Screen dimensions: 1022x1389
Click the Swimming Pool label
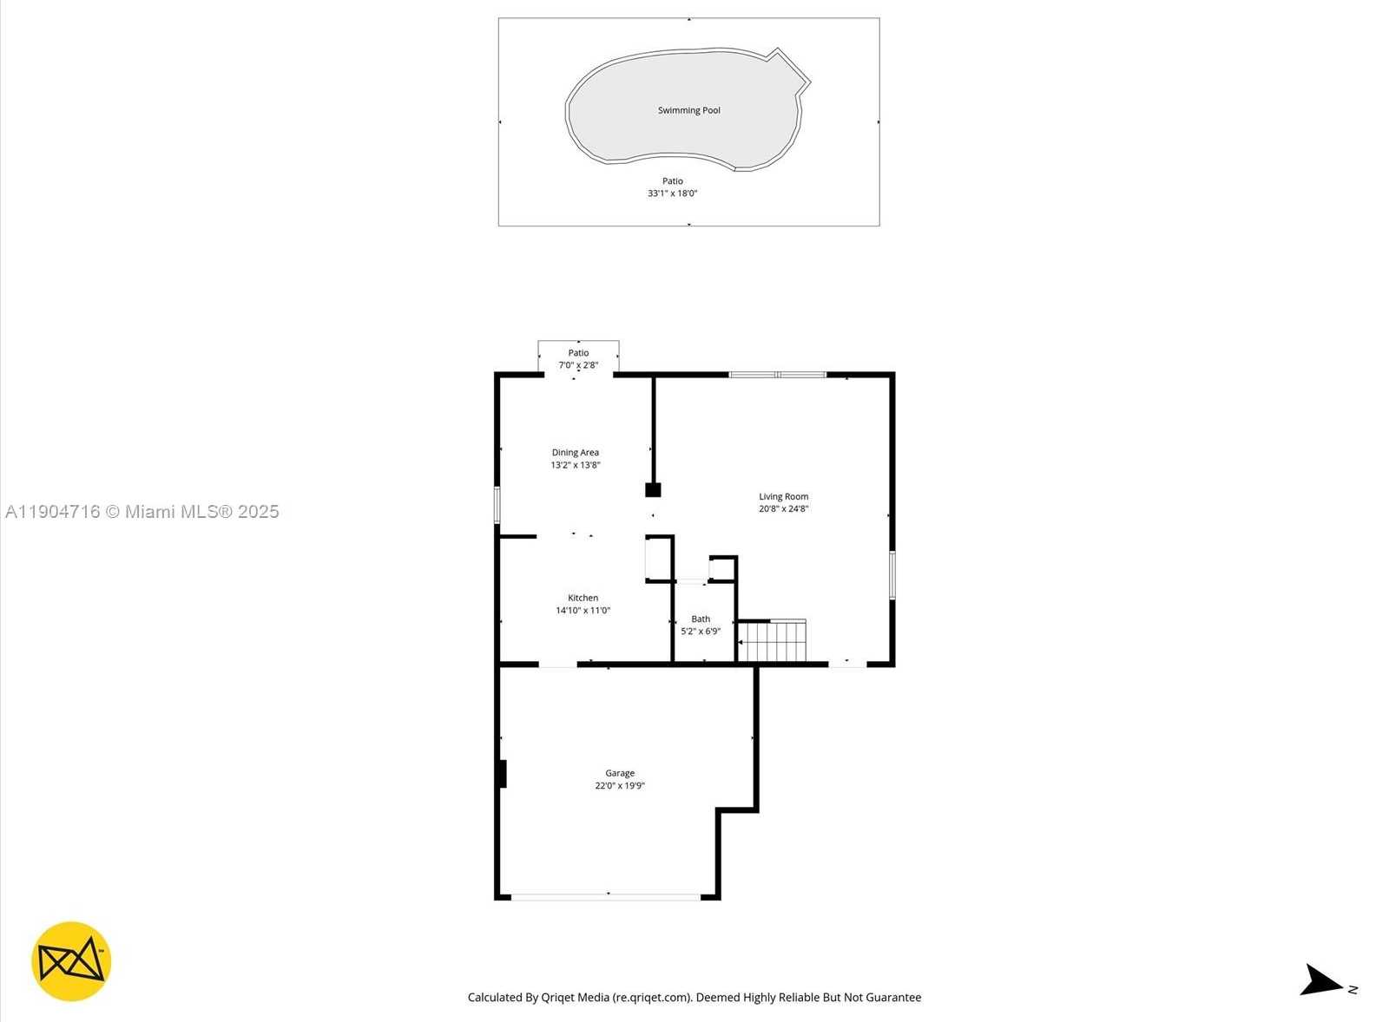click(688, 110)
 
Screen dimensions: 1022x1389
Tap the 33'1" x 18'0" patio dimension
click(672, 193)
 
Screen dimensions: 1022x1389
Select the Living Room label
click(783, 497)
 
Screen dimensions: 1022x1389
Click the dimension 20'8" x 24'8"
click(783, 509)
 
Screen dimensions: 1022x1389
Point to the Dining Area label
click(575, 452)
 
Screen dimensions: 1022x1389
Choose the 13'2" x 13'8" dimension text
click(575, 465)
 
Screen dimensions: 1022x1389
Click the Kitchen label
click(583, 598)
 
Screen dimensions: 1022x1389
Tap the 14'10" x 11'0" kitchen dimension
click(583, 611)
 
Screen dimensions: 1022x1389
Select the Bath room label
click(701, 619)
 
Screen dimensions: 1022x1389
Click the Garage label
click(620, 773)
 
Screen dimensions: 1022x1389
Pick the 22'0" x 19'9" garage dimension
click(620, 786)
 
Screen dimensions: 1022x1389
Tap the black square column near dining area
click(653, 490)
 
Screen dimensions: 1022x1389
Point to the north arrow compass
click(1323, 981)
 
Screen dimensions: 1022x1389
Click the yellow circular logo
click(71, 961)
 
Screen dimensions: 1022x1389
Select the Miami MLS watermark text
click(142, 512)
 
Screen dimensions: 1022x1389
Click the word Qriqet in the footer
click(557, 998)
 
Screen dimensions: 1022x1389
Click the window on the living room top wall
click(777, 375)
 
